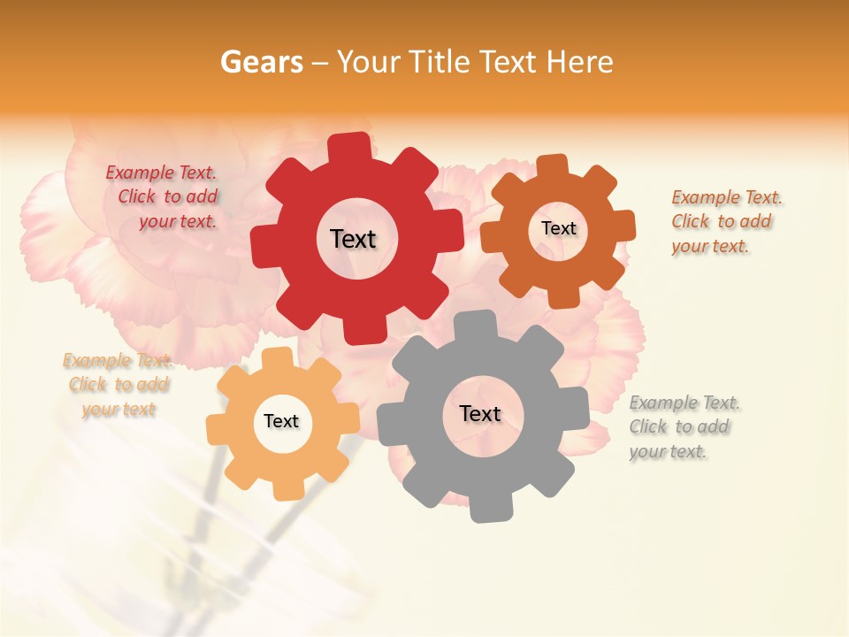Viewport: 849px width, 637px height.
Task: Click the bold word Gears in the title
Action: (x=261, y=63)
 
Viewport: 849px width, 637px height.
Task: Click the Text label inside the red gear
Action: (x=353, y=239)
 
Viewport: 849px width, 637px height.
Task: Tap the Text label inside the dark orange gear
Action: (x=558, y=228)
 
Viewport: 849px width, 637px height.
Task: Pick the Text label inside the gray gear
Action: (x=480, y=413)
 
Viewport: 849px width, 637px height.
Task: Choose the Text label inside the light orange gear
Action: (x=281, y=421)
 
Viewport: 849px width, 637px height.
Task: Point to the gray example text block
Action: (x=683, y=426)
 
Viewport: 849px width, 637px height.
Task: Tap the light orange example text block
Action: (x=118, y=385)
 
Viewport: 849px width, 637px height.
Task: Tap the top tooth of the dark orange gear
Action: (x=553, y=165)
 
